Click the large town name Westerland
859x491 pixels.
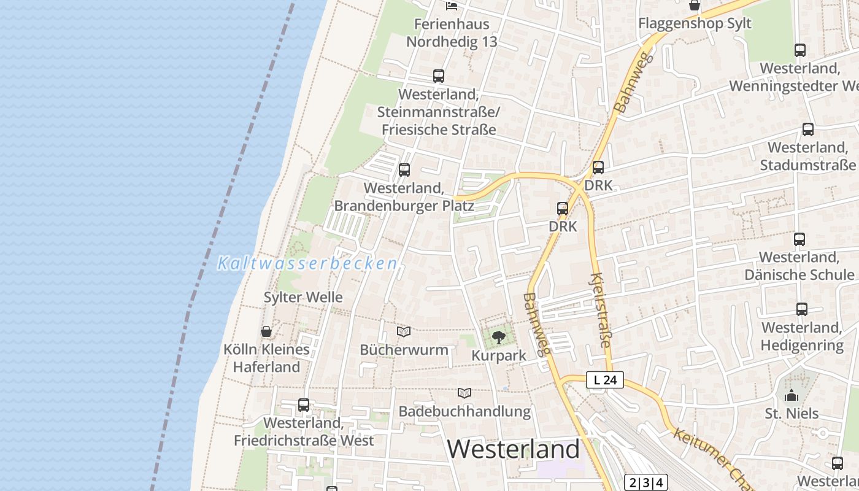coord(513,449)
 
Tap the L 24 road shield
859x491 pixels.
coord(605,380)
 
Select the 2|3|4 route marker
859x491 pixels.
coord(645,482)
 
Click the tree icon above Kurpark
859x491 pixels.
coord(499,336)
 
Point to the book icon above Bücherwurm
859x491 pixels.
coord(404,331)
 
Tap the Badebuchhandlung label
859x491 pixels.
coord(464,411)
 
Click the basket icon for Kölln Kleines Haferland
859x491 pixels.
coord(266,331)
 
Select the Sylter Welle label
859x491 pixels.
coord(303,297)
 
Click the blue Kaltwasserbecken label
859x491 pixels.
coord(307,264)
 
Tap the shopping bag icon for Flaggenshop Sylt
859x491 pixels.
coord(695,6)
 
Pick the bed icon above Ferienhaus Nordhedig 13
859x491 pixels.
coord(452,6)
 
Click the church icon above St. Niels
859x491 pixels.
coord(792,395)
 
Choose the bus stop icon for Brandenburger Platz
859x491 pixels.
coord(404,170)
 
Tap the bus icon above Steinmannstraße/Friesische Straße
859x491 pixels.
coord(438,76)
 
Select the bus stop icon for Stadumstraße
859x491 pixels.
coord(808,130)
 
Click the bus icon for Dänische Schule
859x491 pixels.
coord(799,239)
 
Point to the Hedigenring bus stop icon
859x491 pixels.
coord(801,309)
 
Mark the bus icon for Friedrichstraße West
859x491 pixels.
coord(304,405)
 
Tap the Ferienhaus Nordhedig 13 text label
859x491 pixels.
coord(452,33)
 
